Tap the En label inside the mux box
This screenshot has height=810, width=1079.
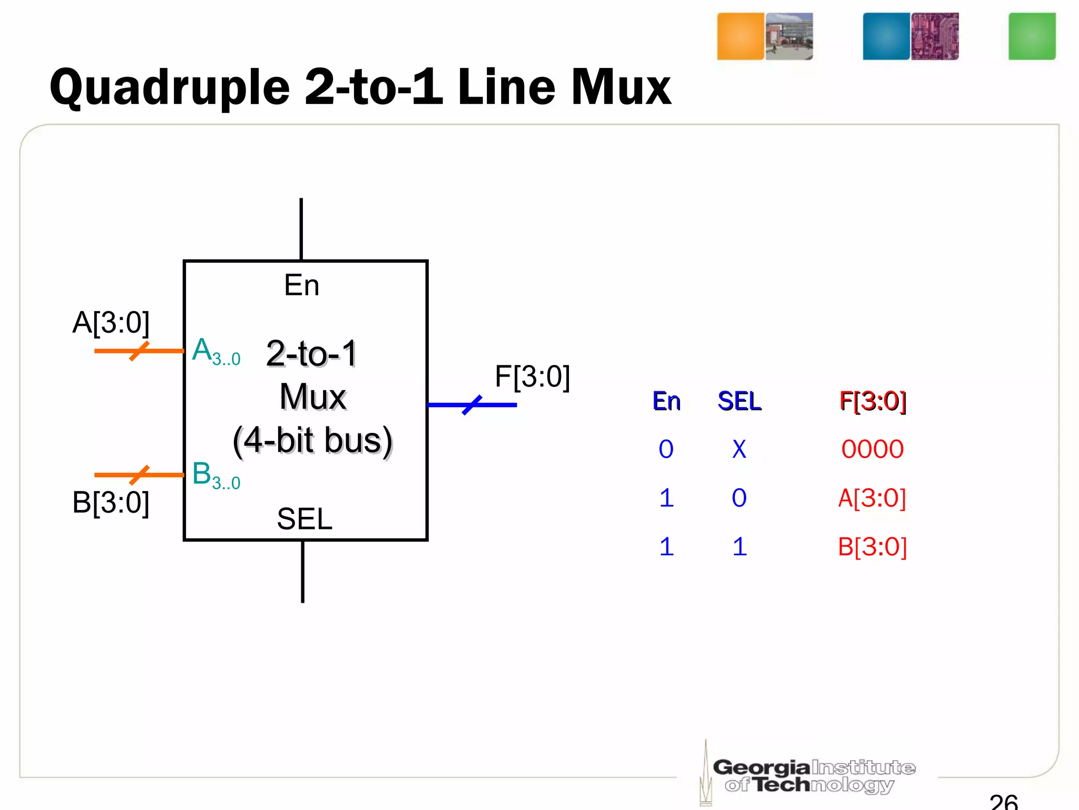(301, 285)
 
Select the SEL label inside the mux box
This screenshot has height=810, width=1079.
(305, 519)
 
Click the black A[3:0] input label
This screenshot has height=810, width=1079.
(111, 322)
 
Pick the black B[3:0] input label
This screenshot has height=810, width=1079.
(111, 502)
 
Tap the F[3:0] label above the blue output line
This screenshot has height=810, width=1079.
(532, 377)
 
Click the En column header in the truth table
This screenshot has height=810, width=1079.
(666, 401)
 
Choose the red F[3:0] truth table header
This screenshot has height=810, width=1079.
(872, 401)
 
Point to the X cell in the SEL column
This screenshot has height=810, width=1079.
(739, 449)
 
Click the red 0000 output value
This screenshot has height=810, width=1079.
(872, 449)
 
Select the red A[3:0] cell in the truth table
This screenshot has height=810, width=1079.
(872, 498)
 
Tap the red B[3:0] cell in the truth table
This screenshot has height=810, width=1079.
(872, 546)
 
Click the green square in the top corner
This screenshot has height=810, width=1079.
(1032, 36)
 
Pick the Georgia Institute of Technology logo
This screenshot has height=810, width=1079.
(811, 775)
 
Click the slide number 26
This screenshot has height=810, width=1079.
(1004, 802)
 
